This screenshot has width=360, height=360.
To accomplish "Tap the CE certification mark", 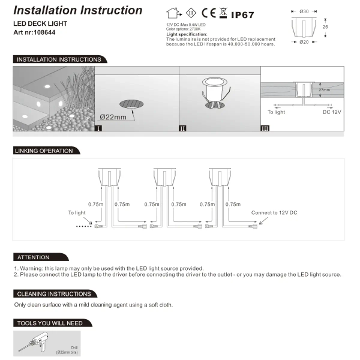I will (208, 12).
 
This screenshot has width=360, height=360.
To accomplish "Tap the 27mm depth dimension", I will (325, 89).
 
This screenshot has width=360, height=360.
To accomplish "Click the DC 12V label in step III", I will (332, 112).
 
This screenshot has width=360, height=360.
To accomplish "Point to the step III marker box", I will (265, 128).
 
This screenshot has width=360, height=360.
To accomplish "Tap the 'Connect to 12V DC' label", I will (274, 213).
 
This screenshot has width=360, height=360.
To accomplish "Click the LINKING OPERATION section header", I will (44, 151).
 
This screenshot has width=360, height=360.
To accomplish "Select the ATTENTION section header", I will (34, 257).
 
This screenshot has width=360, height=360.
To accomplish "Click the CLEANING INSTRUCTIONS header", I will (54, 294).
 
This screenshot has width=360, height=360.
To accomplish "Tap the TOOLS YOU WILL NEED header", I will (50, 323).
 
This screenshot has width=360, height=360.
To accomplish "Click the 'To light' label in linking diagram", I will (77, 213).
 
